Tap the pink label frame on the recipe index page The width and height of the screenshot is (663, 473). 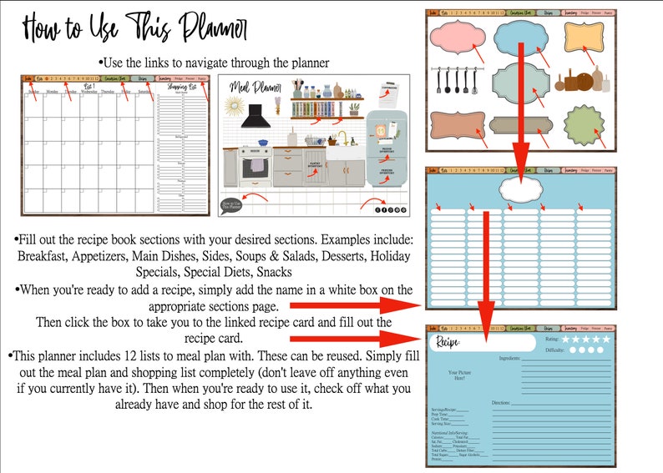456,39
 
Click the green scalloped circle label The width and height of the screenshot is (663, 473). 586,125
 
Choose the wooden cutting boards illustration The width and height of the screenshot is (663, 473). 581,82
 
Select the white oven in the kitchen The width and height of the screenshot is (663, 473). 255,168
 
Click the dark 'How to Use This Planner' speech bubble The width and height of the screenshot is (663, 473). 231,203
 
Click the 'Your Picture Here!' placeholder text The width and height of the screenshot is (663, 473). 458,376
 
